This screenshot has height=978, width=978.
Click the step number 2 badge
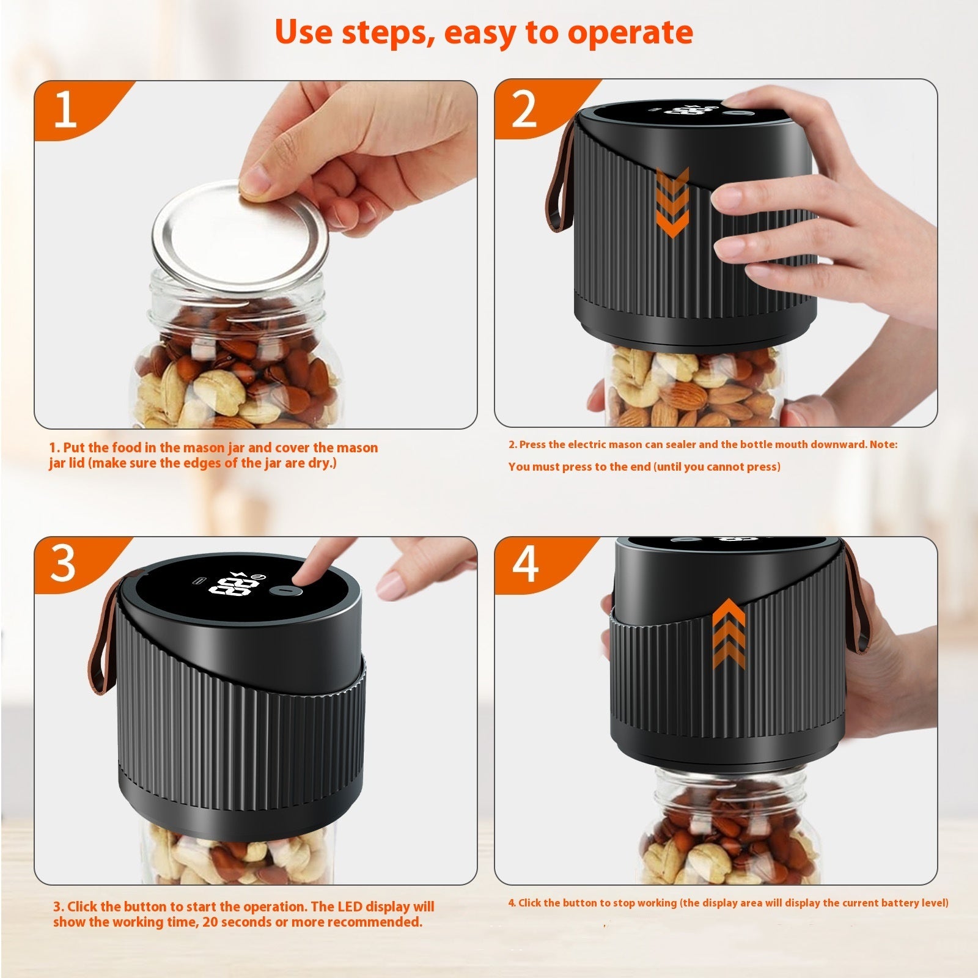524,109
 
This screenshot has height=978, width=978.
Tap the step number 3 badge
64,563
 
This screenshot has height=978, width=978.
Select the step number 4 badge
524,563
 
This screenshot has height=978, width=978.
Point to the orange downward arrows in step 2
672,202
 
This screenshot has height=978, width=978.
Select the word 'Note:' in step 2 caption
883,444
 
